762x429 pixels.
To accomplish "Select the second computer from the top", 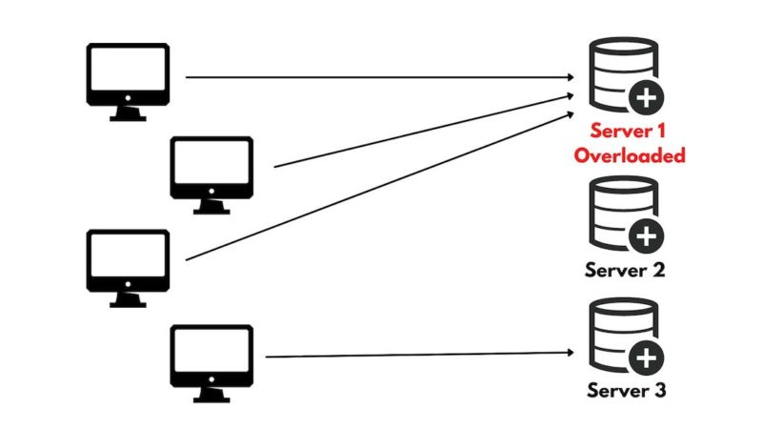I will coord(211,168).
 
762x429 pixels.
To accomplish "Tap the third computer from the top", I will coord(128,261).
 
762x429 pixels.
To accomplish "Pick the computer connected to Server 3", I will coord(211,357).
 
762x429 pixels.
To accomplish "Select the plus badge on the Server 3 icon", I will coord(647,357).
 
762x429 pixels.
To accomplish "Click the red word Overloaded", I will coord(630,155).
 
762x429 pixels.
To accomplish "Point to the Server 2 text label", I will coord(624,270).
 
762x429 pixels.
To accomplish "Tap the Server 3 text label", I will coord(624,391).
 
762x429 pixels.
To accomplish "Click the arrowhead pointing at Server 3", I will coord(569,355).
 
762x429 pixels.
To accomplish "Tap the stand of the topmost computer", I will coord(128,113).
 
